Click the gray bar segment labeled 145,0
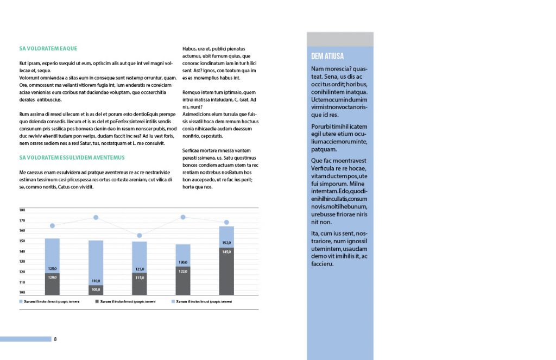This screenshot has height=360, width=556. click(226, 271)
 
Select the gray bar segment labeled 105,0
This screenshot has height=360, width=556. click(96, 290)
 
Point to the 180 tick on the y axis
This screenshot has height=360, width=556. click(22, 210)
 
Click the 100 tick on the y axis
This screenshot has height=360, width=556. click(22, 292)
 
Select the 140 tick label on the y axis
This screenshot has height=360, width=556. click(22, 251)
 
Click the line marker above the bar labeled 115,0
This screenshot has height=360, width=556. click(140, 236)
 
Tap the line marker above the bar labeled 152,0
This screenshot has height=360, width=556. click(226, 223)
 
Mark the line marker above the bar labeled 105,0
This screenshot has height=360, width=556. click(96, 218)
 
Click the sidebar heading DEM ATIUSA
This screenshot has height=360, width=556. click(327, 56)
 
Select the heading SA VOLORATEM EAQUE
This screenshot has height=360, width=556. click(48, 48)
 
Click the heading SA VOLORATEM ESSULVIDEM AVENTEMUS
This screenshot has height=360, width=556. click(72, 157)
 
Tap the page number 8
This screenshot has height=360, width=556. click(55, 339)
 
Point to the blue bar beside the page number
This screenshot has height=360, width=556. click(26, 339)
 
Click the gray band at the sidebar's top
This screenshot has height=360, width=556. click(340, 39)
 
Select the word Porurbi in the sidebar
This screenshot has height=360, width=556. click(321, 127)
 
